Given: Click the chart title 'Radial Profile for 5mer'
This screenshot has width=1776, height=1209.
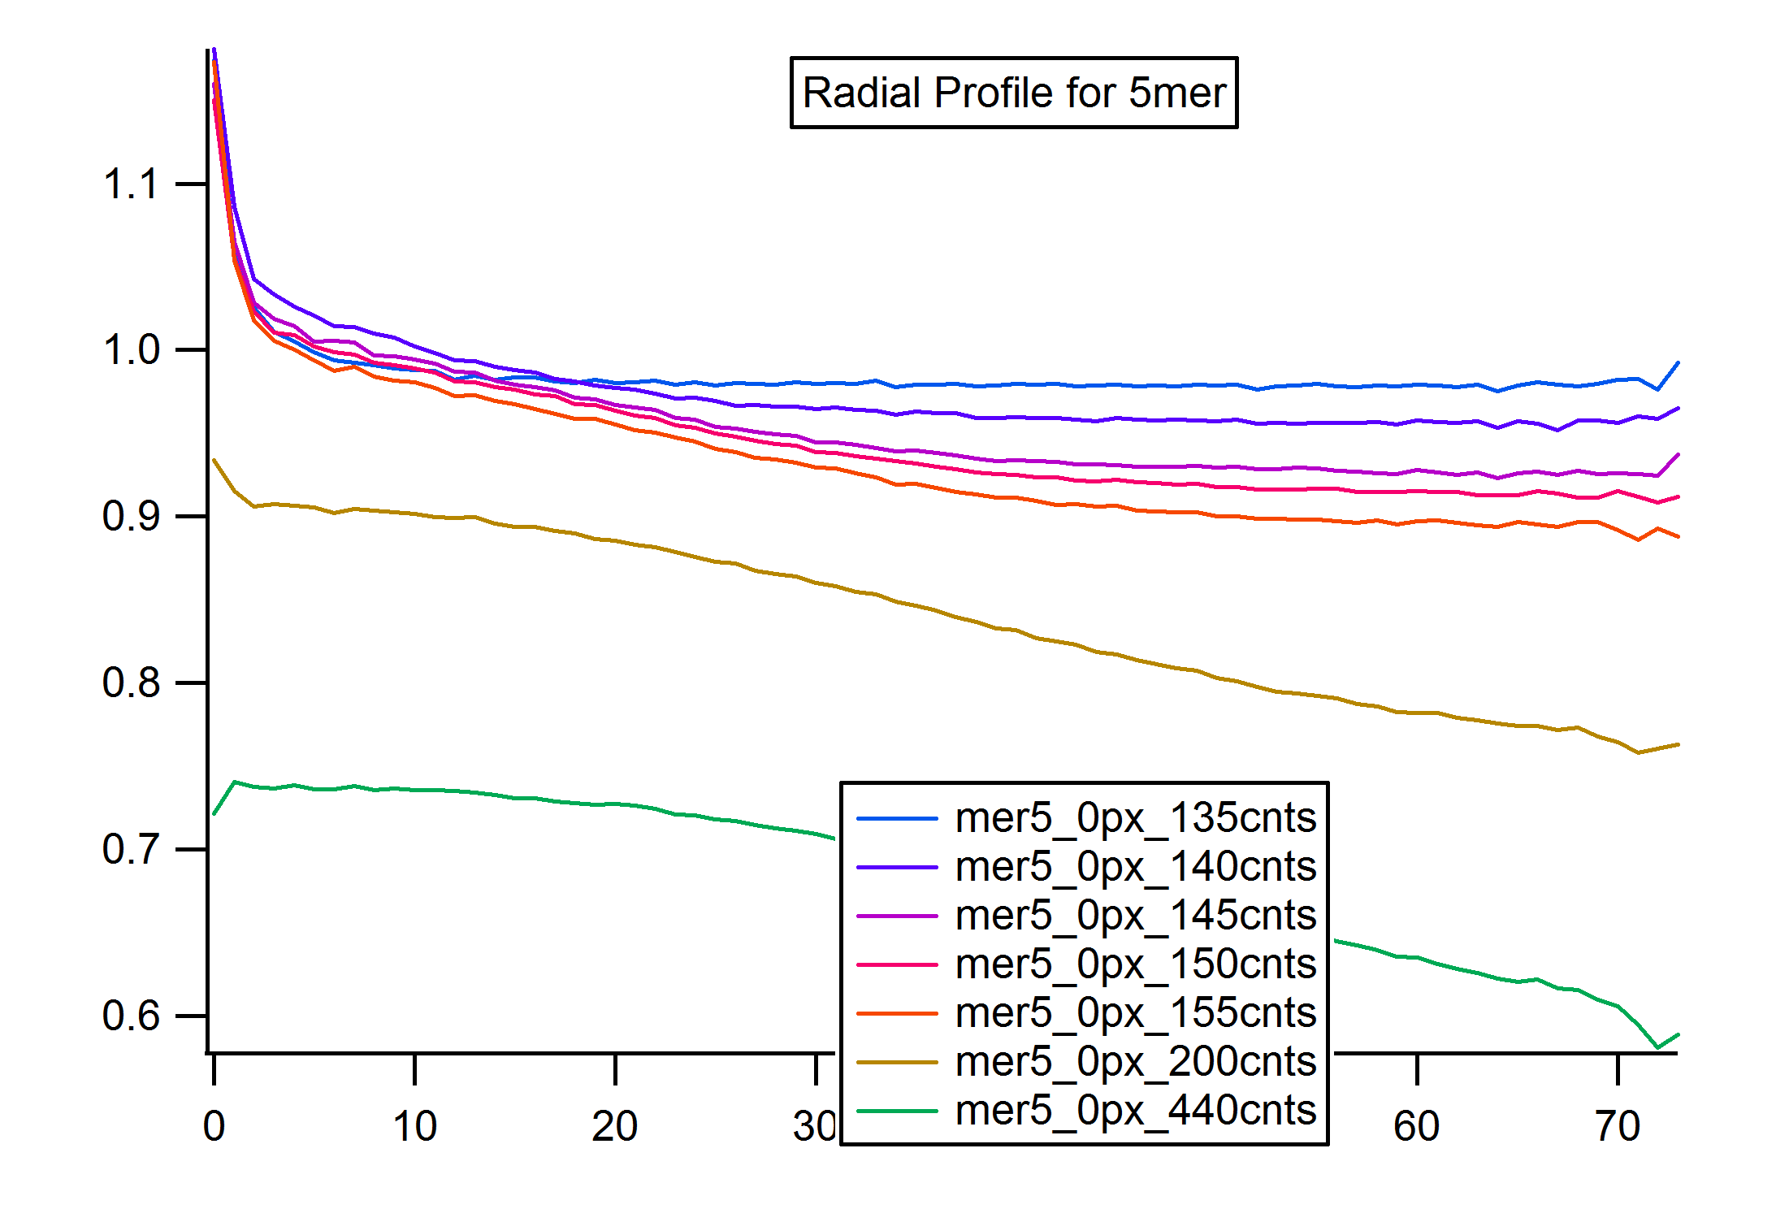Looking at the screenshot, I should [1014, 93].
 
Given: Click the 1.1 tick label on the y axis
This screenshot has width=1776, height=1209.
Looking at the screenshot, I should [131, 184].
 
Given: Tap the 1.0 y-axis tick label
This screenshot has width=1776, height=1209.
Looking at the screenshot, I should [131, 350].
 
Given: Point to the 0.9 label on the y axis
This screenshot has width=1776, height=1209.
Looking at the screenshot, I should [131, 517].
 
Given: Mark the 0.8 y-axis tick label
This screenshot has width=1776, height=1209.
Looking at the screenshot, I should [131, 682].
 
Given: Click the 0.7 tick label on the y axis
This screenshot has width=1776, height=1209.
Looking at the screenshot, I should [131, 849].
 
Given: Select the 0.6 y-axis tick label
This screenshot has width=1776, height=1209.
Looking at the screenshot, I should [131, 1016].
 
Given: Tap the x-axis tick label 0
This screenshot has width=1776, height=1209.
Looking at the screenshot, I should [214, 1126].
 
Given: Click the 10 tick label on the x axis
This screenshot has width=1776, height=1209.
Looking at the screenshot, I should [414, 1126].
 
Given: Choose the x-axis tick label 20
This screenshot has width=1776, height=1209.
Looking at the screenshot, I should [615, 1126].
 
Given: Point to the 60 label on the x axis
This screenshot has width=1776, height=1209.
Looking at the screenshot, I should [1417, 1126].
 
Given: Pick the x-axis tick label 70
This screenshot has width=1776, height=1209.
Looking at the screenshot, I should [1618, 1126].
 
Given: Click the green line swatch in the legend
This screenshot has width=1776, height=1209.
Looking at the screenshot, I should [897, 1111].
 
